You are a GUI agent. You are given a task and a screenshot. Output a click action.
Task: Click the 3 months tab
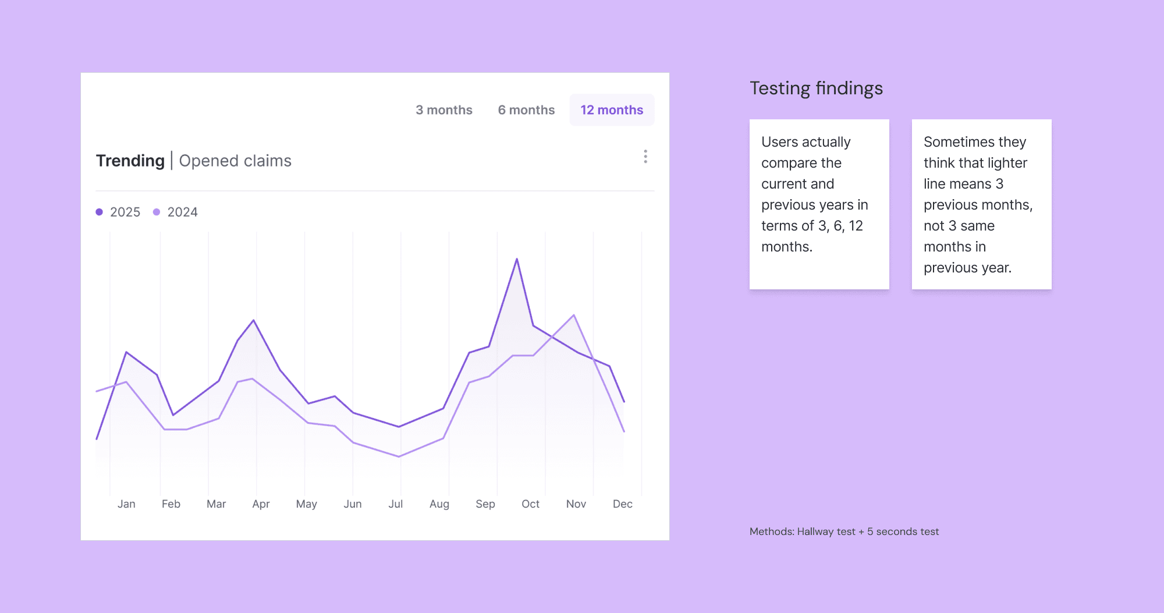(x=443, y=110)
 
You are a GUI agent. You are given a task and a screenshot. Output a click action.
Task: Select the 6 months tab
(x=526, y=110)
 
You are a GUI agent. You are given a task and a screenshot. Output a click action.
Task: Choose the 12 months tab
(x=612, y=110)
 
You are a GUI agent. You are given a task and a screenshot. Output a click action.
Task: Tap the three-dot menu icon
(x=645, y=157)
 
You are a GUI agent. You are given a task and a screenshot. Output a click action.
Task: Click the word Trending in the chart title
(x=130, y=161)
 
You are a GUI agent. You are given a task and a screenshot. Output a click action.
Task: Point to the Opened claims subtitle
(x=235, y=161)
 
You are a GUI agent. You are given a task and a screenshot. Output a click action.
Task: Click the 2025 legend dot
(x=100, y=212)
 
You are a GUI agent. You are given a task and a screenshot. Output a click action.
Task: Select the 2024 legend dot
(x=157, y=212)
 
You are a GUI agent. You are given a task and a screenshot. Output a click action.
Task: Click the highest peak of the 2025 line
(x=517, y=259)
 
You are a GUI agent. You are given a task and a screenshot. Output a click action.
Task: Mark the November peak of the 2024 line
(x=574, y=315)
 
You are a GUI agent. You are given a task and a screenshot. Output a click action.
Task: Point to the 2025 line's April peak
(x=254, y=320)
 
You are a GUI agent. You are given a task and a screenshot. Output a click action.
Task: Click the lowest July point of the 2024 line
(x=399, y=456)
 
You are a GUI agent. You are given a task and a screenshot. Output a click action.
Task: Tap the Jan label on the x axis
(x=126, y=504)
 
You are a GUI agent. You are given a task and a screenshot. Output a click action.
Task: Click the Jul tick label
(x=396, y=504)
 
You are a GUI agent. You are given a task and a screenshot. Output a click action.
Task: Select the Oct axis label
(x=530, y=504)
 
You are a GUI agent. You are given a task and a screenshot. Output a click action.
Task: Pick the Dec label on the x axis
(x=622, y=504)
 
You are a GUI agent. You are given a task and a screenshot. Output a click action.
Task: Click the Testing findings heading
(x=816, y=88)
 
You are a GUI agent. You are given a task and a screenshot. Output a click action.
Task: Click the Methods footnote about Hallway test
(x=844, y=531)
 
